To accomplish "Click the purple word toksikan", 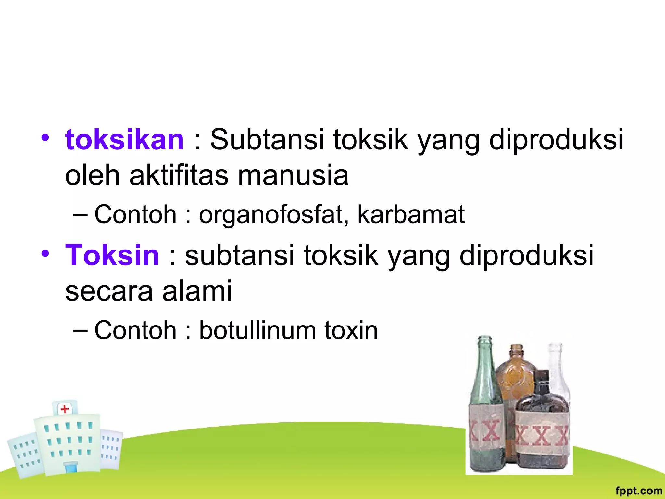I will point(124,140).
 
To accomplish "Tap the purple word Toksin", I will point(112,255).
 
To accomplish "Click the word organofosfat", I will point(274,215).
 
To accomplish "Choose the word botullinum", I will point(257,330).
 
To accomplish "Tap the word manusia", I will point(293,175).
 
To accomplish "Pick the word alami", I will point(197,291).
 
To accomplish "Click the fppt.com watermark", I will point(638,491).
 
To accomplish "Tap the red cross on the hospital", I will point(65,409).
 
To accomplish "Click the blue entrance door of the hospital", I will point(71,468).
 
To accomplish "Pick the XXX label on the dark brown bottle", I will point(542,436).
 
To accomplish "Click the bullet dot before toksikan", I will point(45,138).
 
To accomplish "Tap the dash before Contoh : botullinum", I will point(80,330).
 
